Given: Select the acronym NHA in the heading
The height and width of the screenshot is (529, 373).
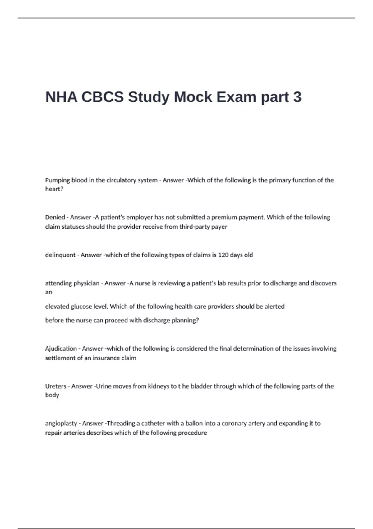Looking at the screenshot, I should (61, 97).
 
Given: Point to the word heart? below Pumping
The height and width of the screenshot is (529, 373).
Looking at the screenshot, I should (54, 189).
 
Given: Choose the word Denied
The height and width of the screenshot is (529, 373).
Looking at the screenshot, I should (55, 217).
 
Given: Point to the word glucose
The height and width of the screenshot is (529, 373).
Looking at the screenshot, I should (81, 307).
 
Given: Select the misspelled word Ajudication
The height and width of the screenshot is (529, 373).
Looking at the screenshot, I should (61, 349).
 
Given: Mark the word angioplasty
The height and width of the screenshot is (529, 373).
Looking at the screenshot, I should (61, 424).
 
